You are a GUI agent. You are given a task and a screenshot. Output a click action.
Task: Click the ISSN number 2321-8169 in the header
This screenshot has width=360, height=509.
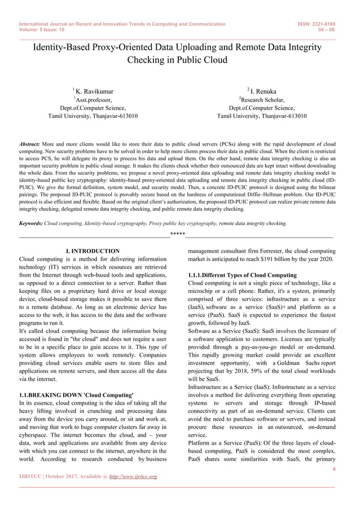pyautogui.click(x=326, y=24)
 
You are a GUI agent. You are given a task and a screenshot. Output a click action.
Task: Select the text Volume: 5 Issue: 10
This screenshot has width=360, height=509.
pyautogui.click(x=42, y=30)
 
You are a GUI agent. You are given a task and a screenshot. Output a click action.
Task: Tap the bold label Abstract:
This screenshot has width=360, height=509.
pyautogui.click(x=29, y=144)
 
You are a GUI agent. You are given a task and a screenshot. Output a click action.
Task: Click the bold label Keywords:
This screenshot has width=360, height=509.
pyautogui.click(x=31, y=223)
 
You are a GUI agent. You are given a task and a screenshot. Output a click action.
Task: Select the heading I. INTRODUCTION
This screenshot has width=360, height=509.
pyautogui.click(x=93, y=251)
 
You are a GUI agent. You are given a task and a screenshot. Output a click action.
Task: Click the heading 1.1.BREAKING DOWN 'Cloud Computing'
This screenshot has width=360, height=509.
pyautogui.click(x=76, y=395)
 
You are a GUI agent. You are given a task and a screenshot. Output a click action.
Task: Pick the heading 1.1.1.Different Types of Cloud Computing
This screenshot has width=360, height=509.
pyautogui.click(x=242, y=275)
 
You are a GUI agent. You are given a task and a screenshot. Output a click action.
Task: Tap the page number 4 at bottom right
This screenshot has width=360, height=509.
pyautogui.click(x=334, y=468)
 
